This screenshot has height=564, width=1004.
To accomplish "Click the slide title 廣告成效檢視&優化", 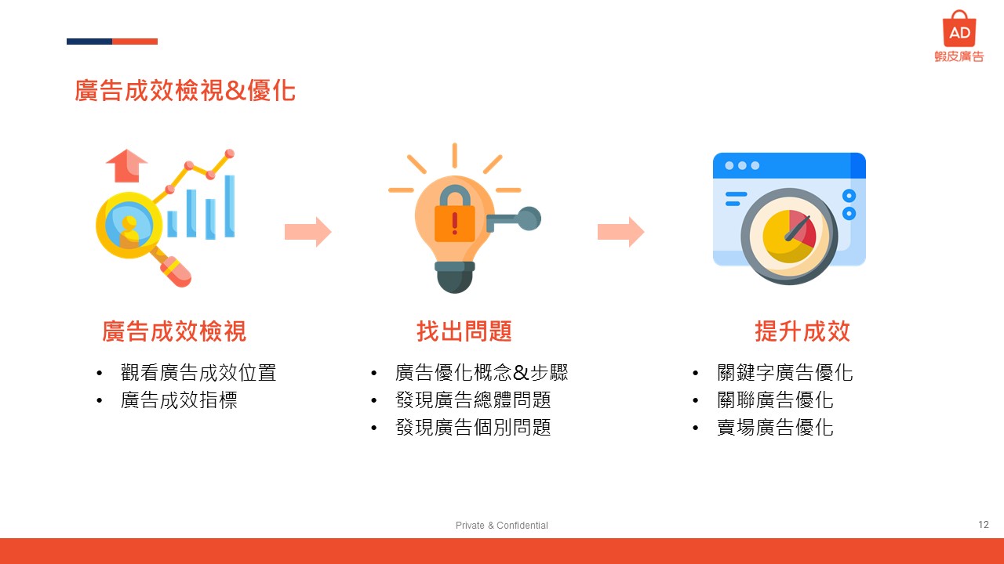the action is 184,90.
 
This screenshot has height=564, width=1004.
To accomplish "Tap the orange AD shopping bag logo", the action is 959,29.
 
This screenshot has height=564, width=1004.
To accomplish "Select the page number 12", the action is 984,524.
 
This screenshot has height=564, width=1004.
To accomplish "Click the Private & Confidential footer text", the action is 501,525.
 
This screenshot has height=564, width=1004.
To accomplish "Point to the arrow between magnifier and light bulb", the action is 308,232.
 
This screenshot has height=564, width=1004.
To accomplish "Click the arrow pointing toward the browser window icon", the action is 620,232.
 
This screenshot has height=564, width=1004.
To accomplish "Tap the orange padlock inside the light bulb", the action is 454,215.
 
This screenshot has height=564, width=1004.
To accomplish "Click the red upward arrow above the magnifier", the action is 126,165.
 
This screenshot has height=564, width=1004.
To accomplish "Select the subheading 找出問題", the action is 464,331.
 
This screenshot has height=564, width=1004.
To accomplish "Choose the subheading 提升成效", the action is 802,331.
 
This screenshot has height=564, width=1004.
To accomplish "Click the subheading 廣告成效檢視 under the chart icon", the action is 174,331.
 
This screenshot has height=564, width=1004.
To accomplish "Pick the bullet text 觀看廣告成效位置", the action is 198,372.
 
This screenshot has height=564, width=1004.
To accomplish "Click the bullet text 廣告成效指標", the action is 179,399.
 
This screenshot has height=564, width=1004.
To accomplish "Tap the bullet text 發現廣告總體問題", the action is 473,399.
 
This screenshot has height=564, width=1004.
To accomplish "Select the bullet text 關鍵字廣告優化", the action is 785,372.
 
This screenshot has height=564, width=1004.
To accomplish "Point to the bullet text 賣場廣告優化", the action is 775,428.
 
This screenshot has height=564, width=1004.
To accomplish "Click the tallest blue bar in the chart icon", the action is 230,206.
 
